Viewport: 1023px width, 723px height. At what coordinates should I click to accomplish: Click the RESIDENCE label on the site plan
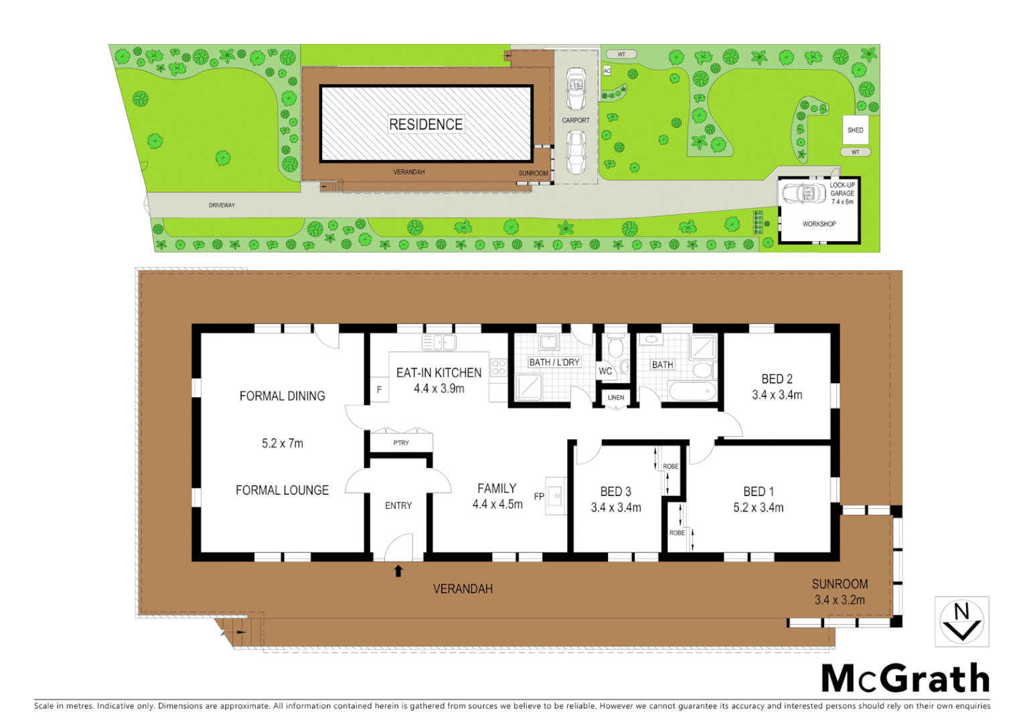pos(426,125)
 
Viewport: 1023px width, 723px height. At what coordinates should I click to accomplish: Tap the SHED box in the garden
pos(855,130)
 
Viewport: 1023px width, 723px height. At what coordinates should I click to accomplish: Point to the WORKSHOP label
pos(819,224)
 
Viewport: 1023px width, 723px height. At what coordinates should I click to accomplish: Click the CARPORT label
pos(576,120)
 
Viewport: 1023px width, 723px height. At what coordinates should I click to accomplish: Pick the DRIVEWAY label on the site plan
pos(222,206)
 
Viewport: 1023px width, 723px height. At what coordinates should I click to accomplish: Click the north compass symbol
pos(961,622)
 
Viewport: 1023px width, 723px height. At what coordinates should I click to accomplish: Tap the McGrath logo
pos(905,679)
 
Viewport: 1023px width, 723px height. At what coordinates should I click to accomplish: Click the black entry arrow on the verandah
pos(398,571)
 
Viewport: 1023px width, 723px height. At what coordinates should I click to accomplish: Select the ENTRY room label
pos(398,505)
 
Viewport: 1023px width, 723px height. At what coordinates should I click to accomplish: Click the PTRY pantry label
pos(401,443)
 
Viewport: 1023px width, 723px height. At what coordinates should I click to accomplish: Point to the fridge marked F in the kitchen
pos(380,390)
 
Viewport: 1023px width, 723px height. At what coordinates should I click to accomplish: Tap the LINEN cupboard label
pos(616,398)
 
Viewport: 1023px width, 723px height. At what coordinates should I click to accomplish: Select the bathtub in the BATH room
pos(692,392)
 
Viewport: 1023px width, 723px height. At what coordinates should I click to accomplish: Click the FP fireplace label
pos(539,497)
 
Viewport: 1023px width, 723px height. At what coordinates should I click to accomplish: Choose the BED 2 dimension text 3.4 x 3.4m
pos(777,395)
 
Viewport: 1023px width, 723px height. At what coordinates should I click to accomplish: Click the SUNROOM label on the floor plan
pos(840,584)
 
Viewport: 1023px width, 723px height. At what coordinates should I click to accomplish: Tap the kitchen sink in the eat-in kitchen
pos(439,343)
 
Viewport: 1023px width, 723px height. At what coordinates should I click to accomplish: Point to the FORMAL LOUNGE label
pos(282,491)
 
